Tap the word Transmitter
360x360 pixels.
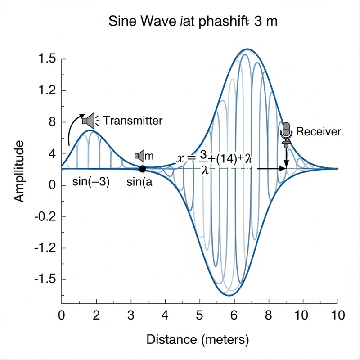[x=133, y=121]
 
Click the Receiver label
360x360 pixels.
[x=319, y=132]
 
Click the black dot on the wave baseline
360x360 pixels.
[x=142, y=169]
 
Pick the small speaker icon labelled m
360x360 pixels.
[x=139, y=156]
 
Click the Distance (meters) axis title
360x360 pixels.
[x=198, y=338]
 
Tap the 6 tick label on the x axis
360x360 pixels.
[x=234, y=315]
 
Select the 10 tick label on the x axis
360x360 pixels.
[x=337, y=315]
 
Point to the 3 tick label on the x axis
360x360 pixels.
[x=131, y=315]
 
